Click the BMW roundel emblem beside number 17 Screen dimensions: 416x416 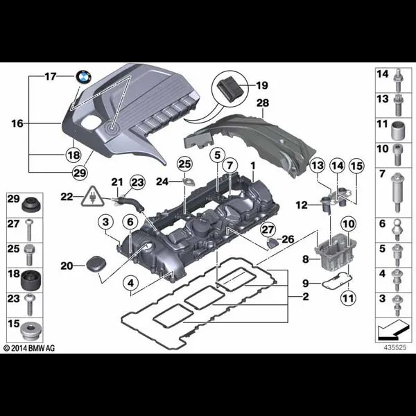[84, 77]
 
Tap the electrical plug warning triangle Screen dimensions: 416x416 [92, 197]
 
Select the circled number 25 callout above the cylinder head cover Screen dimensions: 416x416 [184, 164]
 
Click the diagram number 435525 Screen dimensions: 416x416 [395, 347]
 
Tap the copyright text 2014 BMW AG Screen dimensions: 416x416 [29, 348]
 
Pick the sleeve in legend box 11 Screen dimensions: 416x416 [398, 131]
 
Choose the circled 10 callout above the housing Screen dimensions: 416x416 [348, 224]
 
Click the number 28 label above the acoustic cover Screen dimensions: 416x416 [263, 103]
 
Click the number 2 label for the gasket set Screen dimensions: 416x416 [306, 296]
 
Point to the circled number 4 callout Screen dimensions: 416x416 [131, 284]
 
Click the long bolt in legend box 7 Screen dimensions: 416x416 [397, 193]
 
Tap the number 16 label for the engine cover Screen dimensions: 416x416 [17, 123]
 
